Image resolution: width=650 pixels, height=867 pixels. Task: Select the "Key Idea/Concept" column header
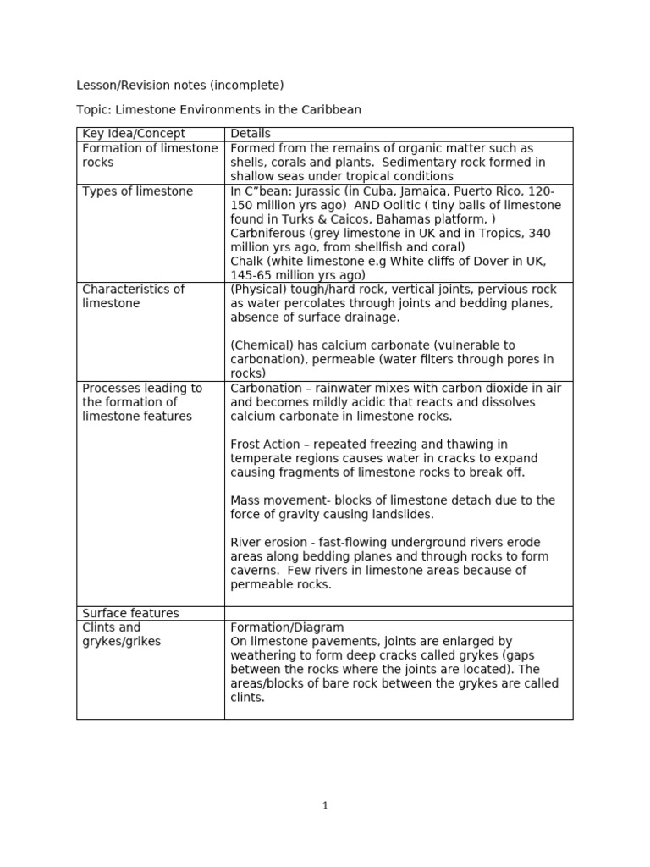point(134,134)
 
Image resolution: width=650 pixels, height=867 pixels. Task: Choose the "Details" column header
point(251,134)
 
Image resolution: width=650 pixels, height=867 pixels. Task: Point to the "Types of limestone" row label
point(137,191)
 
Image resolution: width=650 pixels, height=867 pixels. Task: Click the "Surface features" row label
point(130,613)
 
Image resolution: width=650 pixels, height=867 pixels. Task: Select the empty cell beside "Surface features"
point(398,613)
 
